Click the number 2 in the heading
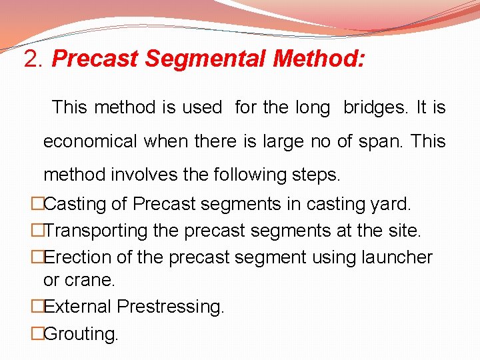click(x=30, y=59)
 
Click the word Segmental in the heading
click(x=207, y=59)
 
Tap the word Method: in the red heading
click(x=319, y=59)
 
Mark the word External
click(x=78, y=307)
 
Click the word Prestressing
click(x=171, y=307)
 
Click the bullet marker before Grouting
click(x=37, y=333)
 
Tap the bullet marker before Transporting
click(x=37, y=231)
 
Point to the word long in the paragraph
click(x=313, y=107)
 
